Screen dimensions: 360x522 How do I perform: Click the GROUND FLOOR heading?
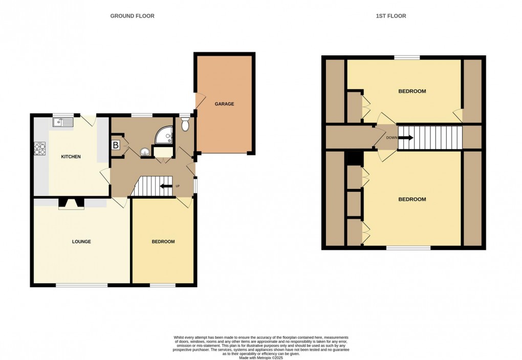click(x=132, y=16)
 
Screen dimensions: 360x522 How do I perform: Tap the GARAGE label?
click(x=224, y=104)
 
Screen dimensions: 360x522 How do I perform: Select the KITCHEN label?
click(x=71, y=157)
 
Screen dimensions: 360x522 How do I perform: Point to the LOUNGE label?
click(x=81, y=241)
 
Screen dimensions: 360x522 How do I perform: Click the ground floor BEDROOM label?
click(x=163, y=242)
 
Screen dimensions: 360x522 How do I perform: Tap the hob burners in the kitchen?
click(x=40, y=148)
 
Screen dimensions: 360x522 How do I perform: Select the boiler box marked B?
click(x=116, y=145)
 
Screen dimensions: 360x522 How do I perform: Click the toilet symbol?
click(x=185, y=123)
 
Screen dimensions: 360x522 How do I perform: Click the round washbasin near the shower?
click(x=146, y=151)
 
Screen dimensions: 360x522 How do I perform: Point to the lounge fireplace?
click(x=71, y=204)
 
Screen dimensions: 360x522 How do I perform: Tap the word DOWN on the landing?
click(x=391, y=137)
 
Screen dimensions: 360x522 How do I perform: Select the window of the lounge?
click(x=78, y=285)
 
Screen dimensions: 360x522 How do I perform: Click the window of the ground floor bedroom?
click(x=163, y=285)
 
